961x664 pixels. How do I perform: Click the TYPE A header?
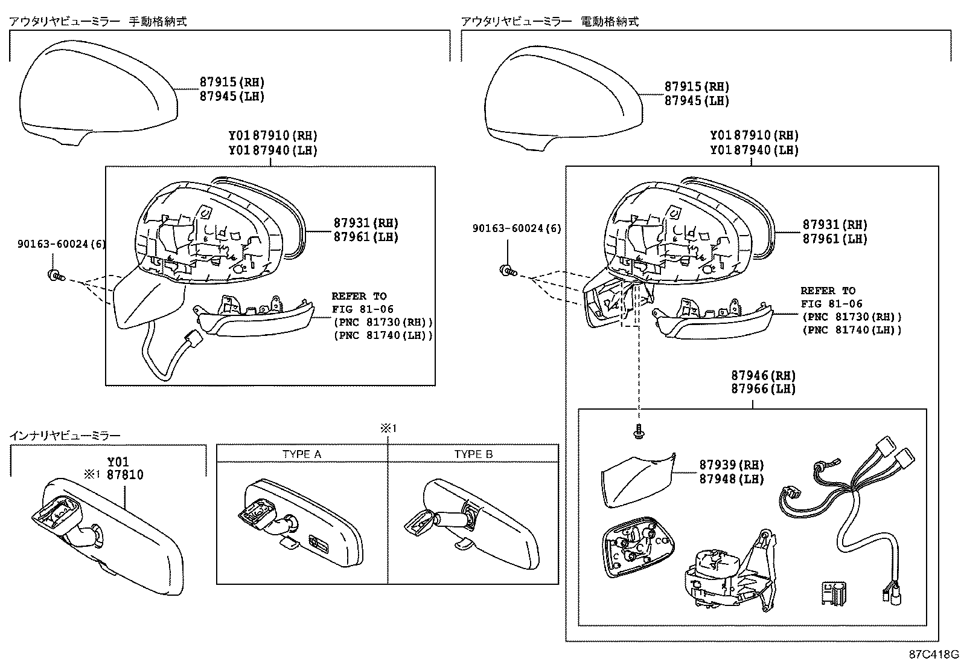coord(301,454)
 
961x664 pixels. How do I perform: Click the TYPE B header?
coord(473,454)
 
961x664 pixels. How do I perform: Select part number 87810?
coord(125,475)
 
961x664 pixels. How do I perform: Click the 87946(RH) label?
coord(763,375)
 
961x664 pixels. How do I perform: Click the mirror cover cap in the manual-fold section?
coord(97,94)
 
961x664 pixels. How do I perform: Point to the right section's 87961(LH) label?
coord(834,239)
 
